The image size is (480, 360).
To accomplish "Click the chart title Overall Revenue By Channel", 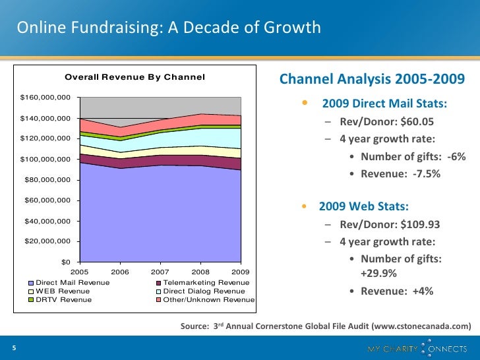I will (x=135, y=78).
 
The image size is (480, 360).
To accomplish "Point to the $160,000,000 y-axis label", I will (x=45, y=98).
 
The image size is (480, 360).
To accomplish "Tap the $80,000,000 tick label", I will (x=47, y=179).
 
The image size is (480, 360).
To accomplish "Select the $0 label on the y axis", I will (x=66, y=262).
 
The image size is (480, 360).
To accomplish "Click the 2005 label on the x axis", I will (x=79, y=272).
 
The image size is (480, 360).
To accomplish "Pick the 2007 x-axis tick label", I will (x=160, y=272).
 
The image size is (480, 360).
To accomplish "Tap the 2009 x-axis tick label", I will (x=241, y=272).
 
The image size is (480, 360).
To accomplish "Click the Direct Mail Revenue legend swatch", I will (x=31, y=282).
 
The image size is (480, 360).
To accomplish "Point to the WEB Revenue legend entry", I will (x=63, y=291).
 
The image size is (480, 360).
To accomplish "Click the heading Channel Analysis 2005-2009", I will (x=373, y=80).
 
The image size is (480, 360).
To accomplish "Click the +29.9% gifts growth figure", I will (x=378, y=274).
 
